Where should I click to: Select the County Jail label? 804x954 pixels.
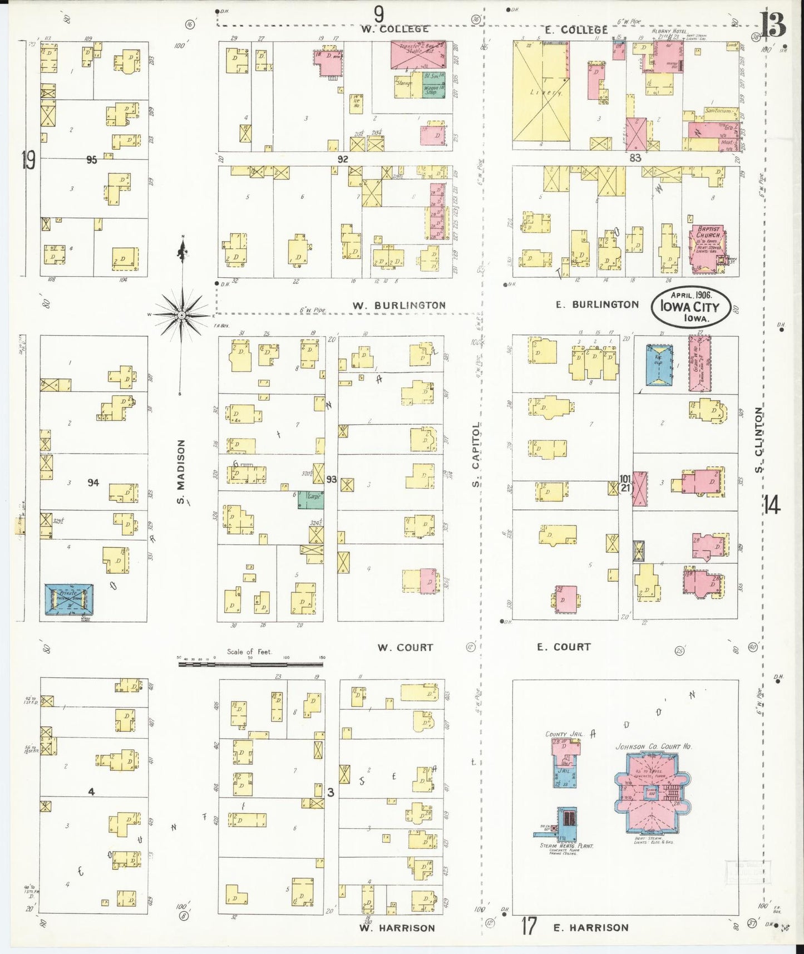[564, 734]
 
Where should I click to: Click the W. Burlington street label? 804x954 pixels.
[399, 305]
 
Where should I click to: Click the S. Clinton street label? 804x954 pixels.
[758, 439]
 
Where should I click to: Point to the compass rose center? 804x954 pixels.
[181, 315]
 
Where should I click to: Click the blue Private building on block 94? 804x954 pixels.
[69, 599]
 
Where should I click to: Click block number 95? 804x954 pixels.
[92, 160]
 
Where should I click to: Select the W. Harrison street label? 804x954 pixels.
[396, 928]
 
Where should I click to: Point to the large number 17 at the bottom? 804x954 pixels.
[529, 927]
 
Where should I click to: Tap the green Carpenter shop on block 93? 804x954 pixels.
[311, 499]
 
